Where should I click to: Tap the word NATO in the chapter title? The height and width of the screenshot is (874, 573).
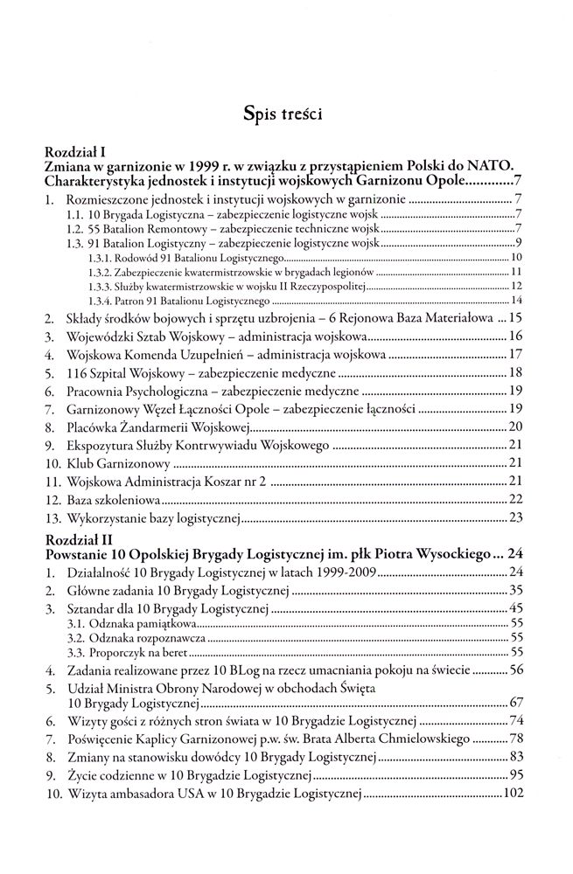pyautogui.click(x=495, y=165)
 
